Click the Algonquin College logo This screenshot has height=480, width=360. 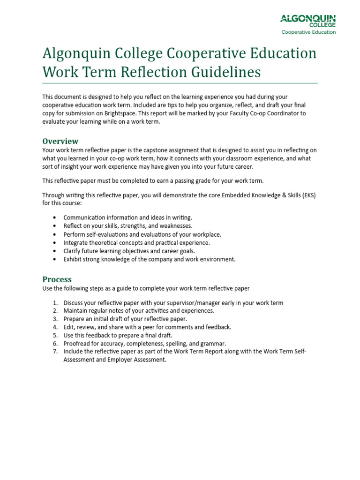pos(308,21)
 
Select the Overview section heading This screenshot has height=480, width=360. pos(60,141)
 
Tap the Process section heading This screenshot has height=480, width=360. pos(57,279)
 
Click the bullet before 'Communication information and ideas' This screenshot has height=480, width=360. pos(55,218)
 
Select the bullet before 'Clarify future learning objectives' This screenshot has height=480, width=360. pos(55,251)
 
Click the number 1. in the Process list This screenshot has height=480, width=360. pos(55,303)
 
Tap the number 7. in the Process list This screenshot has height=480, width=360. pos(55,352)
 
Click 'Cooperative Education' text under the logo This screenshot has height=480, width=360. pos(308,32)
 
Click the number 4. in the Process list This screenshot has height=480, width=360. pos(55,327)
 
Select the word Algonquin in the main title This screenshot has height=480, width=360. pos(77,53)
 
